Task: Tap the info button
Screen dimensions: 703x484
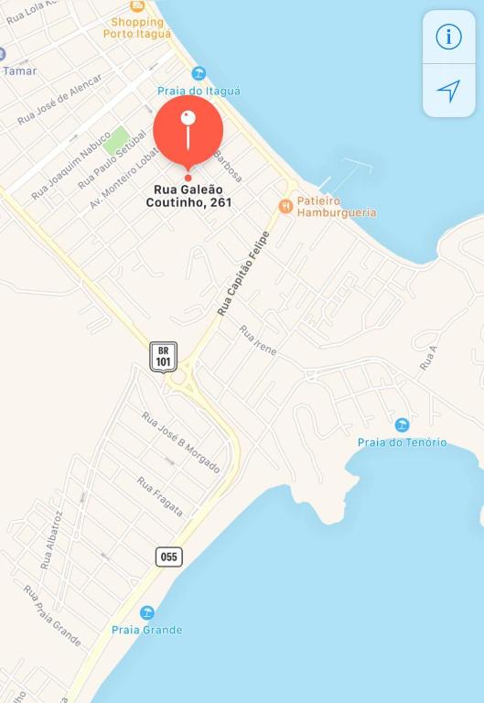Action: point(448,37)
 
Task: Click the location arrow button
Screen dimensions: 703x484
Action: point(448,90)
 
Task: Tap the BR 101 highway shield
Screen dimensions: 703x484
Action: point(164,356)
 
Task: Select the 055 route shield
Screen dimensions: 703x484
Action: point(168,557)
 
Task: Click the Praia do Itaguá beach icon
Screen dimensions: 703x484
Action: point(199,73)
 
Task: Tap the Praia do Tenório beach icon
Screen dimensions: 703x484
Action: point(402,425)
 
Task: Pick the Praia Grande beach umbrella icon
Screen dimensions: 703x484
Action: point(146,612)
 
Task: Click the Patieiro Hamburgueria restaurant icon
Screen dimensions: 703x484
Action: point(286,206)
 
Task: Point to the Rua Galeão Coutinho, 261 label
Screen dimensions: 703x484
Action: point(188,196)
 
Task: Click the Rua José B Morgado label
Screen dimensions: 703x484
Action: point(180,442)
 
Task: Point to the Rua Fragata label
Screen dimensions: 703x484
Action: point(159,496)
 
